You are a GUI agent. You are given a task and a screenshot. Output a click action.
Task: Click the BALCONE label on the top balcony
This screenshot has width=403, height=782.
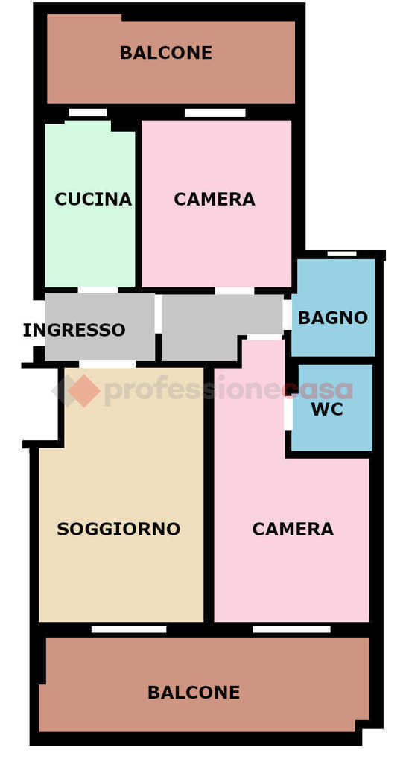tap(166, 53)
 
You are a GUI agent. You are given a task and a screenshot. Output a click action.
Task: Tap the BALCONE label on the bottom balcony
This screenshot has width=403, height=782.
tap(194, 692)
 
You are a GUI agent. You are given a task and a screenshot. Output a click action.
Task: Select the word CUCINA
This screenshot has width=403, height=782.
tap(93, 199)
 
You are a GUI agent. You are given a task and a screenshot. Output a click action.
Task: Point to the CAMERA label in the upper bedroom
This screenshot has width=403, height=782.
tap(215, 199)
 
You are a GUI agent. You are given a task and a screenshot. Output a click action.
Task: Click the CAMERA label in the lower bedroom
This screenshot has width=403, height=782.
tap(293, 529)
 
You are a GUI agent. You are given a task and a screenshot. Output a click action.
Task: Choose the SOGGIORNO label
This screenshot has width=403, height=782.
tap(118, 529)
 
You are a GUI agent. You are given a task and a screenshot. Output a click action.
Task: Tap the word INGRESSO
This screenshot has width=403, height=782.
tap(74, 330)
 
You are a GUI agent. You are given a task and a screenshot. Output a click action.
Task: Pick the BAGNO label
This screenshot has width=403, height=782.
tap(333, 318)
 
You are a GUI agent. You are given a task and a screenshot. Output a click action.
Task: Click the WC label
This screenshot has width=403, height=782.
tap(327, 409)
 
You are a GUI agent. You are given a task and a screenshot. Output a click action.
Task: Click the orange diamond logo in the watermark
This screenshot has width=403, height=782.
tap(83, 390)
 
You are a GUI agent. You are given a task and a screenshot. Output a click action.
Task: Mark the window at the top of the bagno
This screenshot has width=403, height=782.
tap(342, 254)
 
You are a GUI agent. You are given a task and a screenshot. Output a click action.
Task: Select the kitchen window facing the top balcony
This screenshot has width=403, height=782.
tap(88, 112)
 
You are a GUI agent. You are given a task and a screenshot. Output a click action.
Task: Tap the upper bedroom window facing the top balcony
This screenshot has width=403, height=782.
tap(215, 112)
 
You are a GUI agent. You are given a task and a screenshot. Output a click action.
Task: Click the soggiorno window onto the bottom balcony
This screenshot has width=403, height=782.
tap(129, 629)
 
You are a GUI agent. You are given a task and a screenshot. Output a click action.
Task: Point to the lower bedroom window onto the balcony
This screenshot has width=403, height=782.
tap(292, 629)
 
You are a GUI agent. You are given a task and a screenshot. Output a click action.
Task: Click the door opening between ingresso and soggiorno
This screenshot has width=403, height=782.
tap(107, 364)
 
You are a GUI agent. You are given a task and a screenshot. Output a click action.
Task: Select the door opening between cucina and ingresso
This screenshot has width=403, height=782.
tap(98, 290)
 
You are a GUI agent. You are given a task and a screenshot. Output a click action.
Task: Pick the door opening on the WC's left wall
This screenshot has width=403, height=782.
tap(288, 413)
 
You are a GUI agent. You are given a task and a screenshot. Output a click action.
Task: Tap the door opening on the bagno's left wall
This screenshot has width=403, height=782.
tap(288, 314)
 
